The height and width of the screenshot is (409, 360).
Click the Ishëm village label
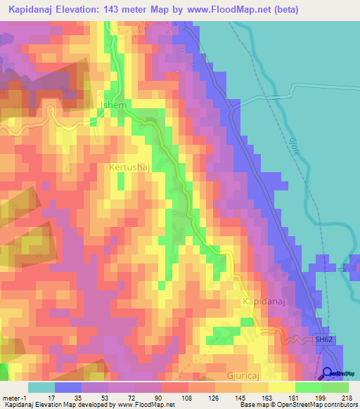tap(115, 105)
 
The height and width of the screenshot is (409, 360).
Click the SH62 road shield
tap(323, 339)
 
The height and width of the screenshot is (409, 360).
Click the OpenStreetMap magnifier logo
tap(328, 374)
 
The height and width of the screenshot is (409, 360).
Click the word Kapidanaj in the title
tap(35, 10)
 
